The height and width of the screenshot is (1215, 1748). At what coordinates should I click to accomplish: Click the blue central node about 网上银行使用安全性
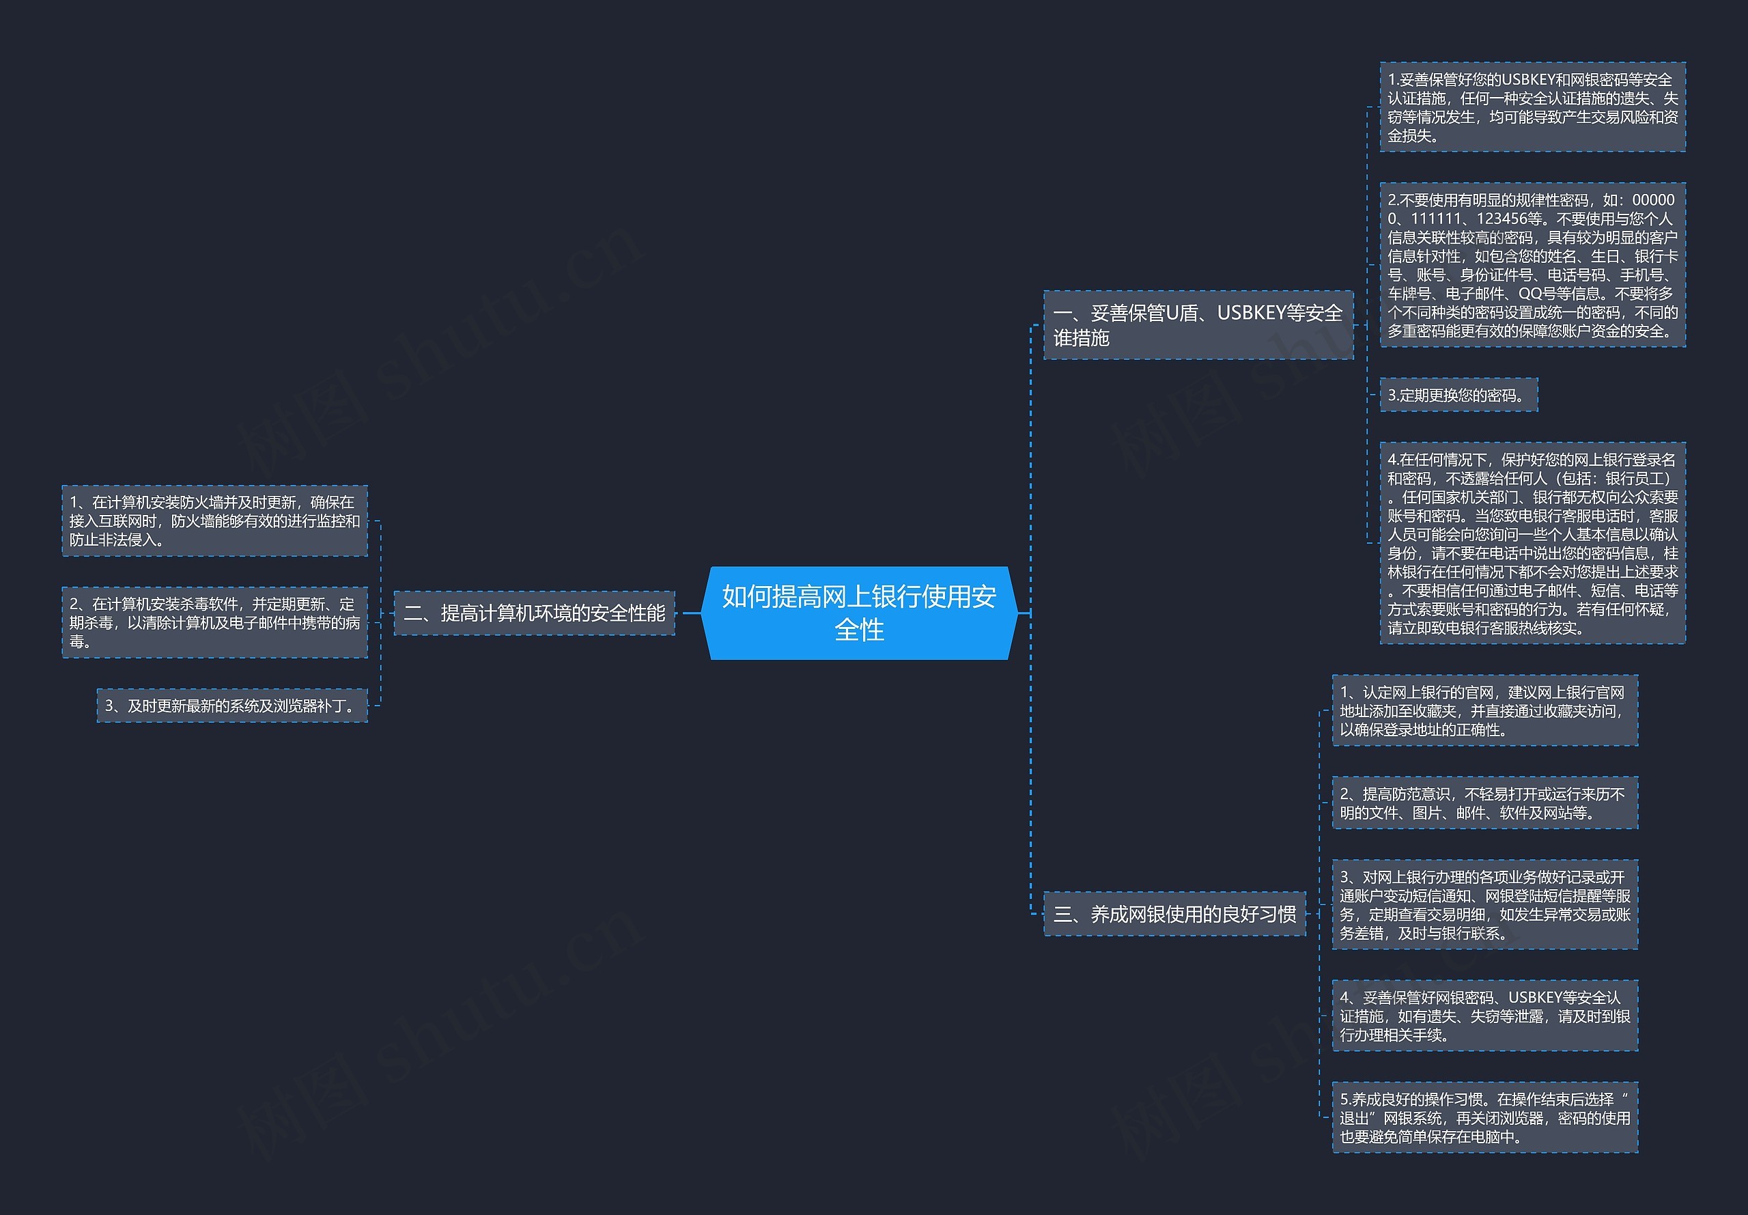pyautogui.click(x=858, y=613)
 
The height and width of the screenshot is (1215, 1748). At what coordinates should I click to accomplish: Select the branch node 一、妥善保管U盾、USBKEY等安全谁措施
pyautogui.click(x=1198, y=325)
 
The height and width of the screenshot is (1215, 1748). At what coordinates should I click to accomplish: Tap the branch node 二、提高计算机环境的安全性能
pyautogui.click(x=534, y=613)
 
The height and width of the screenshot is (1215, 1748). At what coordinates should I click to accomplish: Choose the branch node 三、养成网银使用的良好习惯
pyautogui.click(x=1174, y=914)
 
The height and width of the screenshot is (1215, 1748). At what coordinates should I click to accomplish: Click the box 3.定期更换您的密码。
pyautogui.click(x=1458, y=395)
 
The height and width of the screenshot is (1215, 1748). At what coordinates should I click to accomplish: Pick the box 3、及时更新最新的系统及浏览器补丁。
pyautogui.click(x=231, y=706)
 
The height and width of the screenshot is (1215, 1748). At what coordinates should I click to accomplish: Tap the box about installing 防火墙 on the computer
pyautogui.click(x=214, y=520)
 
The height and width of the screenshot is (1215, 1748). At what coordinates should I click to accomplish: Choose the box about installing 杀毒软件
pyautogui.click(x=214, y=622)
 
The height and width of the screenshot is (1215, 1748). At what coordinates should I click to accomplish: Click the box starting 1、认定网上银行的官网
pyautogui.click(x=1484, y=710)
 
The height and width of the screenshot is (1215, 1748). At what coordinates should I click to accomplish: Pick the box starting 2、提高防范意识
pyautogui.click(x=1484, y=803)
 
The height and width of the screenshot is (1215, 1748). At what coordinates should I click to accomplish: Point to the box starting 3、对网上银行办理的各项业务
pyautogui.click(x=1484, y=904)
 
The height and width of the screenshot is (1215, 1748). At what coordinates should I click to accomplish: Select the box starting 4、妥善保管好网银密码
pyautogui.click(x=1484, y=1016)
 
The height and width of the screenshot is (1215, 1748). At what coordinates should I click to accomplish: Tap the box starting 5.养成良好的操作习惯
pyautogui.click(x=1484, y=1117)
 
